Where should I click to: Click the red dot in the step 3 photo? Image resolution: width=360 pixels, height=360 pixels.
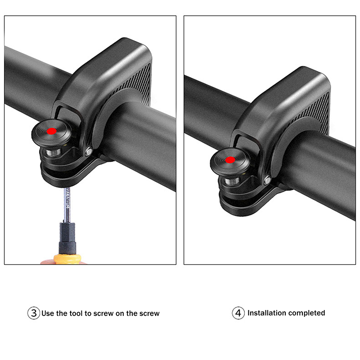52,131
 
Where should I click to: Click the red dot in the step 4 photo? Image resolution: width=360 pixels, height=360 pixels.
230,160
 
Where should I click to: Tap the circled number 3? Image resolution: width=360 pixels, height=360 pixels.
33,313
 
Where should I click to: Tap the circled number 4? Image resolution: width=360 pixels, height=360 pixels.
238,313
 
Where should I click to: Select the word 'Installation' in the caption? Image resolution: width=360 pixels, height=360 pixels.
266,313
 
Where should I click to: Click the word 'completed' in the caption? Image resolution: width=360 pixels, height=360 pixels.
306,313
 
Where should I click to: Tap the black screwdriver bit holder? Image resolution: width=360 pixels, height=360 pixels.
67,238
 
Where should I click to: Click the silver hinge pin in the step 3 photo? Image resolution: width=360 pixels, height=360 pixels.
89,151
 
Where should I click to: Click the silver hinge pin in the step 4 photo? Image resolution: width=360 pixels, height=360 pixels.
267,180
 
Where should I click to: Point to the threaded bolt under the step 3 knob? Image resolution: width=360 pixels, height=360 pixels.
53,152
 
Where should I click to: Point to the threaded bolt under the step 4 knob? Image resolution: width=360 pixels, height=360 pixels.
232,181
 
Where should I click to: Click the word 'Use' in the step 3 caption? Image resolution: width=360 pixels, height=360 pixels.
48,313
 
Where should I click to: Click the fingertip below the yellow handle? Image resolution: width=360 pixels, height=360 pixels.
48,262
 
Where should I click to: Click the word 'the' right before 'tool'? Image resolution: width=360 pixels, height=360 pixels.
62,313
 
